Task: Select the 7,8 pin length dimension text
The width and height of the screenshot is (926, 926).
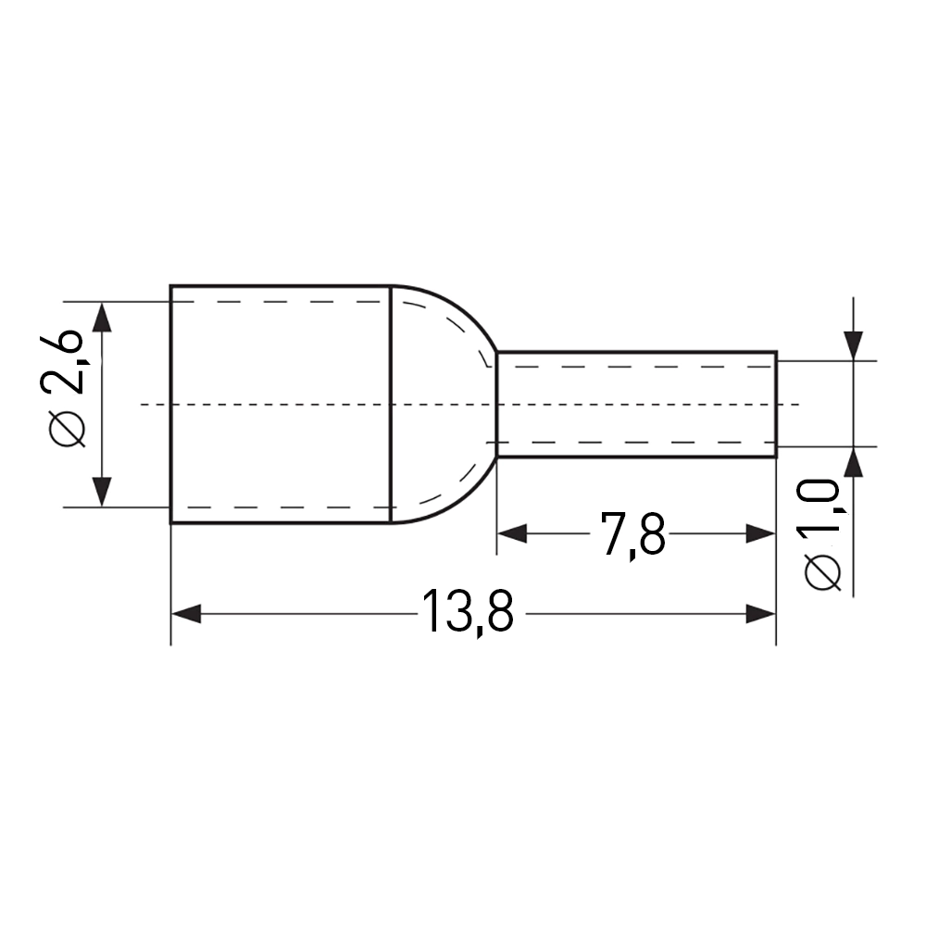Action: [632, 534]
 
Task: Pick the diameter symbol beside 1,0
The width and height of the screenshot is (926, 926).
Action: [822, 572]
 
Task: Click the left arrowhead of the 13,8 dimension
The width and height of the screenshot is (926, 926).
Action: [186, 614]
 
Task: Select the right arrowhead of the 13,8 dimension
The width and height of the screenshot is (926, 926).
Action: [760, 614]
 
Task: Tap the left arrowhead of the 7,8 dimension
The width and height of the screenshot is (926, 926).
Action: [512, 534]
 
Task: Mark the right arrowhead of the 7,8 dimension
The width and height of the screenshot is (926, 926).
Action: [760, 534]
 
